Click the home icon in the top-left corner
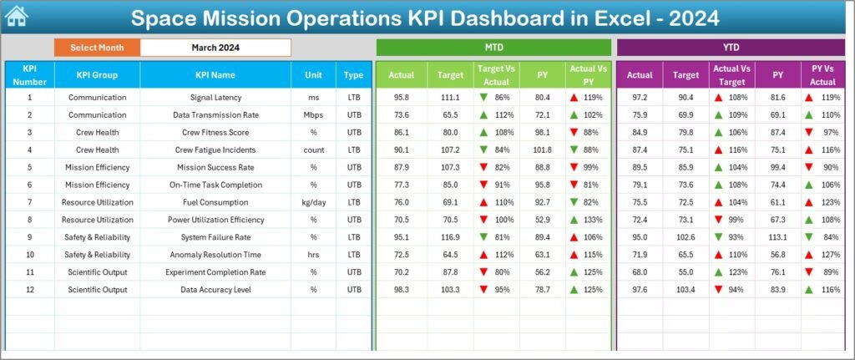click(16, 16)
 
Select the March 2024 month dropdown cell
click(215, 48)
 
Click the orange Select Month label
click(97, 48)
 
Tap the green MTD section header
click(493, 48)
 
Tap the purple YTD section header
click(731, 48)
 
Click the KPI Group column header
click(97, 75)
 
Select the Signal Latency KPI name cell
click(215, 98)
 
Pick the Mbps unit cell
click(313, 115)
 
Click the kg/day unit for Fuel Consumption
click(313, 202)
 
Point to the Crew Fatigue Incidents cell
click(215, 150)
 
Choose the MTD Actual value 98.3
click(401, 289)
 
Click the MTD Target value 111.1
click(450, 98)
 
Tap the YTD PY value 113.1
click(778, 237)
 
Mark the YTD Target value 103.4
click(686, 289)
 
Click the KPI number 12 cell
click(29, 289)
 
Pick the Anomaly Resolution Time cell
click(215, 255)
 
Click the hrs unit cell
click(313, 255)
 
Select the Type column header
click(353, 75)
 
